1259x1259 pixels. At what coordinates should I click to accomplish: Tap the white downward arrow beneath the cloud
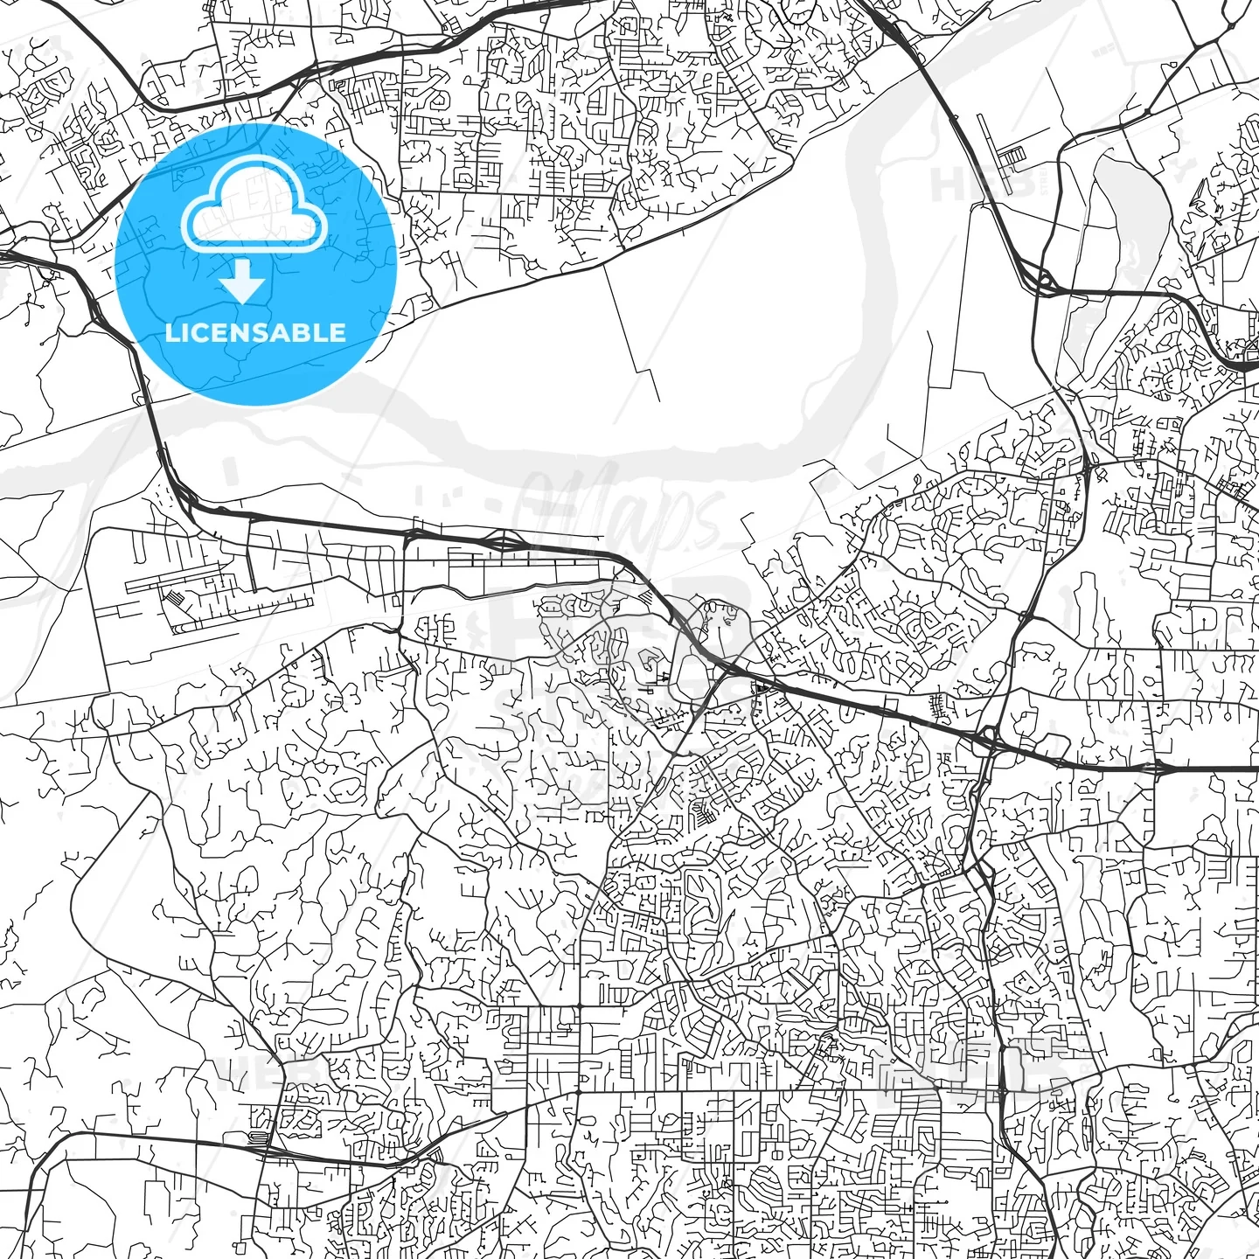[243, 282]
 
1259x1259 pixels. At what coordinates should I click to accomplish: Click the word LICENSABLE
[255, 332]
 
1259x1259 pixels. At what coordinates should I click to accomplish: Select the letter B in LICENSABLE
[300, 332]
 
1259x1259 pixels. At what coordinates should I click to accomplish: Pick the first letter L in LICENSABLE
[171, 332]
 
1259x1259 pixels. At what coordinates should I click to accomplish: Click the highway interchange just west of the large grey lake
[1044, 282]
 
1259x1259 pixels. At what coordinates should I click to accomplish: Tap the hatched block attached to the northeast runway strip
[1015, 157]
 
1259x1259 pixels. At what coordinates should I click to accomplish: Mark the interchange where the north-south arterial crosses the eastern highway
[988, 739]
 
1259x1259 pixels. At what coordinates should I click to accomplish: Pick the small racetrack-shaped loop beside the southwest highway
[257, 1137]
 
